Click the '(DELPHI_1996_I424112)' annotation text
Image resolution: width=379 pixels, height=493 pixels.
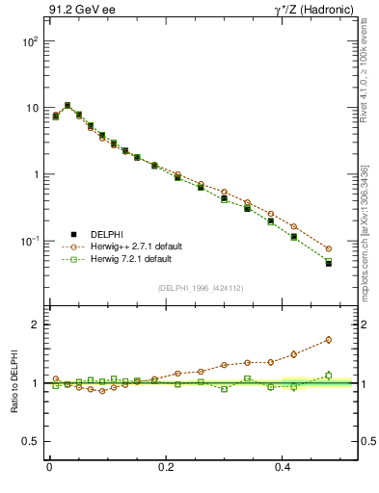click(x=200, y=287)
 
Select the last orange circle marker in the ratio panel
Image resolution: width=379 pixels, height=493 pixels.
click(x=329, y=340)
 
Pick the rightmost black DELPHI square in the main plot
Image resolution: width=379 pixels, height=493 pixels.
click(x=329, y=263)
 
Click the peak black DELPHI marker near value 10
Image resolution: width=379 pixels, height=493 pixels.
click(x=68, y=106)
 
